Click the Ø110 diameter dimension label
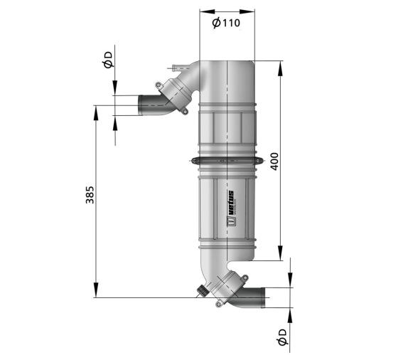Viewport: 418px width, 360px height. click(x=226, y=23)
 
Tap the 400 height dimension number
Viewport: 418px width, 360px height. click(x=274, y=162)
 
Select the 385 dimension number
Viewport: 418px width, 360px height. click(x=90, y=195)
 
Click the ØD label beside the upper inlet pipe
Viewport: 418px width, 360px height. click(x=108, y=60)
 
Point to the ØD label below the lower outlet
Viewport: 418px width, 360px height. click(x=282, y=337)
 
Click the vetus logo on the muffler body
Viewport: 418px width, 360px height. click(x=231, y=208)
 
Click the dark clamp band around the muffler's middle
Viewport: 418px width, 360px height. click(x=227, y=161)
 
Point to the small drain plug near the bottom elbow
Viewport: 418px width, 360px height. click(x=202, y=290)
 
